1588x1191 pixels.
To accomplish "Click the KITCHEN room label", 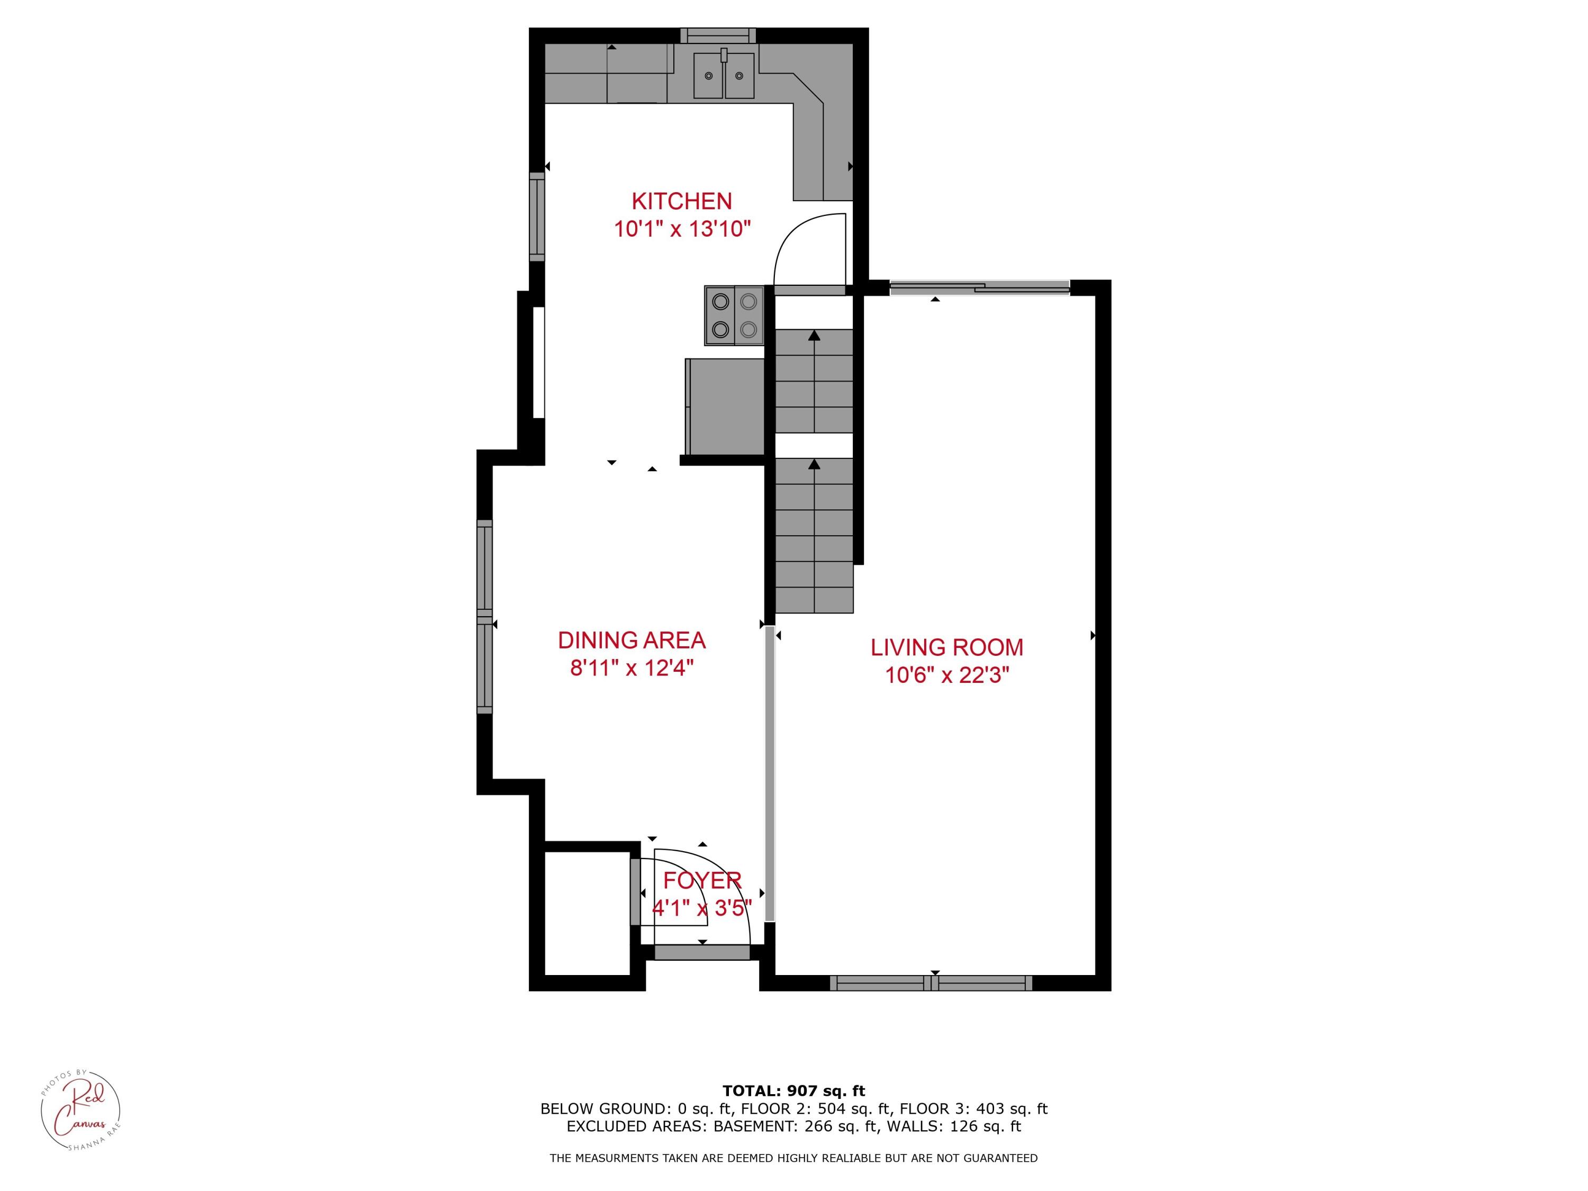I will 681,201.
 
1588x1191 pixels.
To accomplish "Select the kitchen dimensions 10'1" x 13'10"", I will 681,230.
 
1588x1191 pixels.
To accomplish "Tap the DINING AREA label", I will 631,639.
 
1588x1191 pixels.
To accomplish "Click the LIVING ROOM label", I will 947,647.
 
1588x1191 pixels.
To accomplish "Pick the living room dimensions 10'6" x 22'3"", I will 947,675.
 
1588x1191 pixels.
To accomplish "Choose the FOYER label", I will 701,880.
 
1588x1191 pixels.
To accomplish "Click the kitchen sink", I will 724,75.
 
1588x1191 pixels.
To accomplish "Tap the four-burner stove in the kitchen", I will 734,315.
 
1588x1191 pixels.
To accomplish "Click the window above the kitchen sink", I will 718,35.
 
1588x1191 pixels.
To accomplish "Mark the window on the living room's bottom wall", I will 931,984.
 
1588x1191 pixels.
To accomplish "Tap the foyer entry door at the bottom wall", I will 701,953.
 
